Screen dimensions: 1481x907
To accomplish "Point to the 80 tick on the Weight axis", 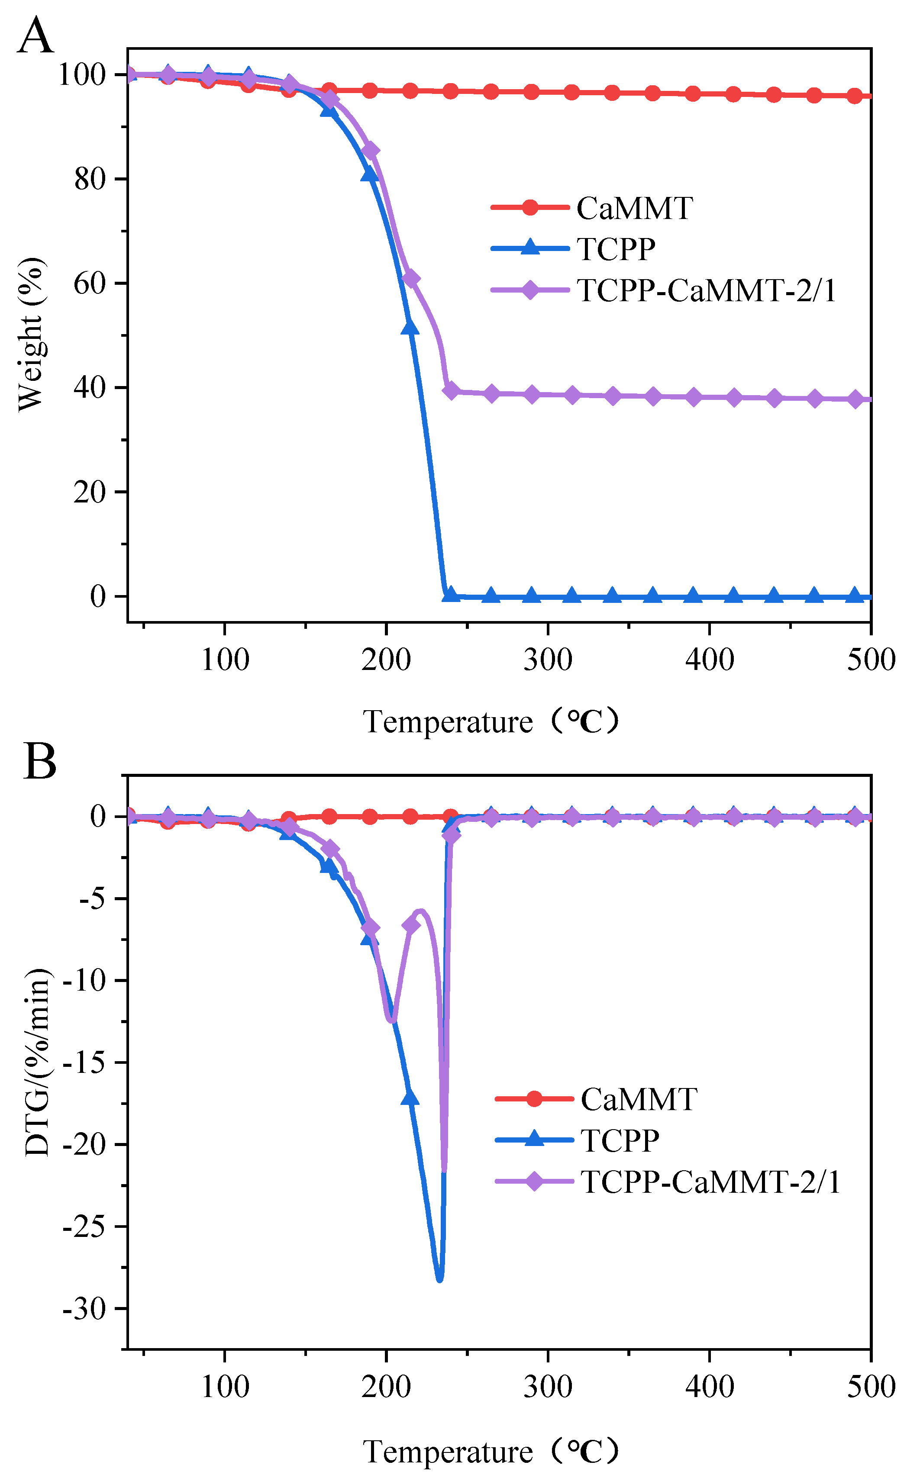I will tap(90, 179).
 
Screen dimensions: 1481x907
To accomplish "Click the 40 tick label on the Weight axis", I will tap(90, 388).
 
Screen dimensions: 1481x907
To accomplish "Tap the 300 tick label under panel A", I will tap(547, 660).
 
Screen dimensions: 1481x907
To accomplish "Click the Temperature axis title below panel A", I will tap(490, 722).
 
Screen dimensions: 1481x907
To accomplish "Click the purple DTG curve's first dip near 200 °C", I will tap(391, 1020).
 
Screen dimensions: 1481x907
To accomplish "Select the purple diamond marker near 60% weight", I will tap(411, 279).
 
